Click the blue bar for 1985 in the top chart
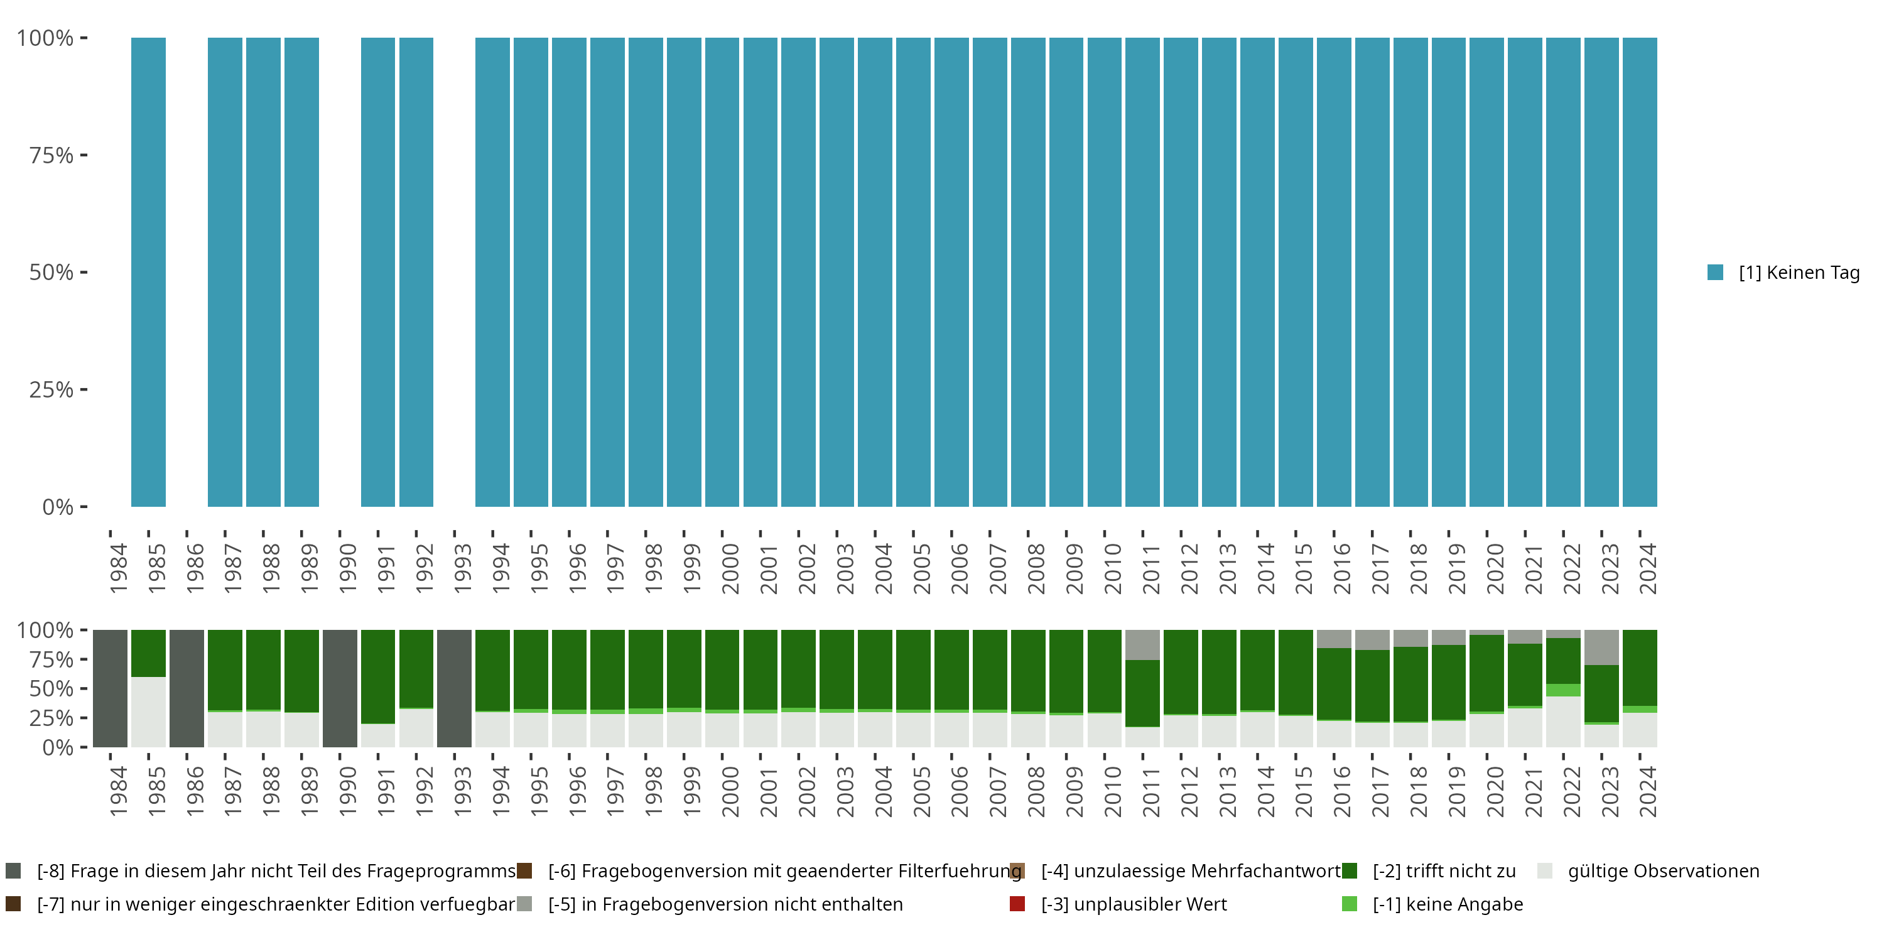(148, 272)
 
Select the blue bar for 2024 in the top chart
(1639, 272)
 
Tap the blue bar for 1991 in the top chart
(378, 272)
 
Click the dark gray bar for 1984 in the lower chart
(111, 688)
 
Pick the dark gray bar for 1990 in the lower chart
(340, 688)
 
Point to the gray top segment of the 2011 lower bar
(1142, 644)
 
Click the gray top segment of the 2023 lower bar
(1601, 647)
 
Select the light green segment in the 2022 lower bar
(1563, 690)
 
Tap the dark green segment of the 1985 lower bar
(148, 653)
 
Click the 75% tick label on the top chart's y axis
(51, 155)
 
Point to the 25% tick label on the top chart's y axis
(51, 389)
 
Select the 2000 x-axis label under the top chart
(730, 568)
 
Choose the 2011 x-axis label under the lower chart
(1150, 791)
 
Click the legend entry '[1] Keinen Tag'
(1799, 273)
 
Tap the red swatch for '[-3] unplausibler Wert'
(1017, 904)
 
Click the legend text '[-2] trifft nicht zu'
(1444, 871)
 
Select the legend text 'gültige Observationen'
(1663, 871)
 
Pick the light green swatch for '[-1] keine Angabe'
(1350, 904)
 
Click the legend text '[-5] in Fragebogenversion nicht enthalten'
(725, 904)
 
